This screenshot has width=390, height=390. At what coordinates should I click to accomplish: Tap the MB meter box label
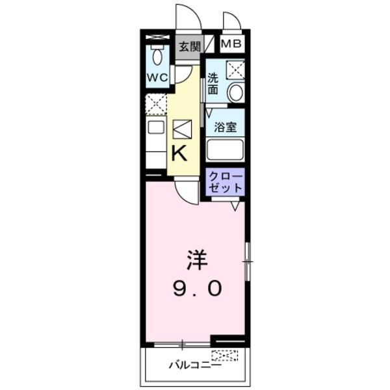click(231, 44)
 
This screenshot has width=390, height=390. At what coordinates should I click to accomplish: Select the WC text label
click(157, 77)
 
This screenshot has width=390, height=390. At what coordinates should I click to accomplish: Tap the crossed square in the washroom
click(234, 69)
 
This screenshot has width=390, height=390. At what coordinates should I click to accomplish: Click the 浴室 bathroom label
click(225, 127)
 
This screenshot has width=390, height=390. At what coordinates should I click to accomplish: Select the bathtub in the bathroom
click(225, 150)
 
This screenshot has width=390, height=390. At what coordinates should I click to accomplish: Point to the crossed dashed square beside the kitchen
click(155, 104)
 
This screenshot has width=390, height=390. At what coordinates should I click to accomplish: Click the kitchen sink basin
click(155, 127)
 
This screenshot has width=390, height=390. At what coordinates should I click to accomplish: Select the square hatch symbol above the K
click(182, 129)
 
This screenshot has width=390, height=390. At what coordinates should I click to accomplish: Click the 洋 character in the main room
click(197, 261)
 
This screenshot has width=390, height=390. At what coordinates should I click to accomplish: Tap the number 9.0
click(196, 288)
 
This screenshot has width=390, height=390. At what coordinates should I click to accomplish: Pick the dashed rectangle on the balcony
click(224, 356)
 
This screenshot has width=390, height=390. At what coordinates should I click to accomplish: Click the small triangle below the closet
click(235, 206)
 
